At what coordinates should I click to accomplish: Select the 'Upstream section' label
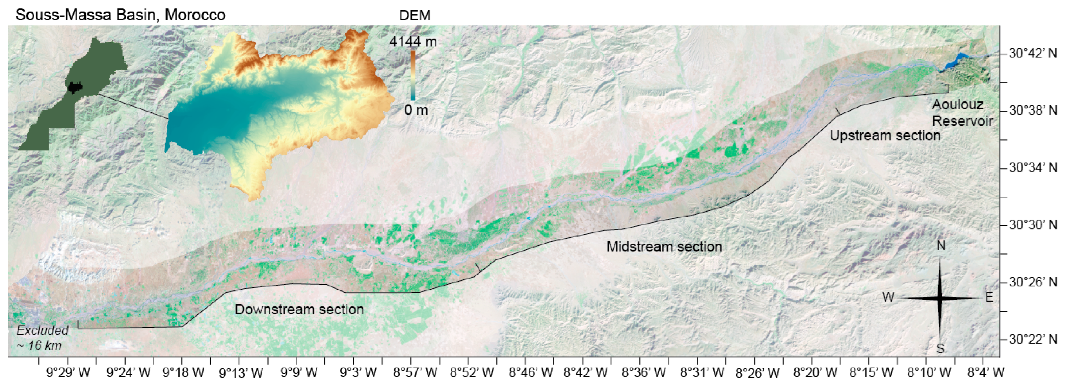click(x=885, y=136)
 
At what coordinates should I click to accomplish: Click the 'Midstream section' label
click(x=664, y=247)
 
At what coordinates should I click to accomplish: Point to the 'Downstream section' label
click(x=299, y=309)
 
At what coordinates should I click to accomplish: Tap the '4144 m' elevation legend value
click(x=412, y=42)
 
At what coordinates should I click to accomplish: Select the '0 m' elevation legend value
click(x=416, y=110)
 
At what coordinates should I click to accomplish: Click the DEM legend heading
click(x=414, y=16)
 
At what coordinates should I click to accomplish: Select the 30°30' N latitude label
click(x=1033, y=225)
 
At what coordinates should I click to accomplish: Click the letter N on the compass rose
click(x=941, y=246)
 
